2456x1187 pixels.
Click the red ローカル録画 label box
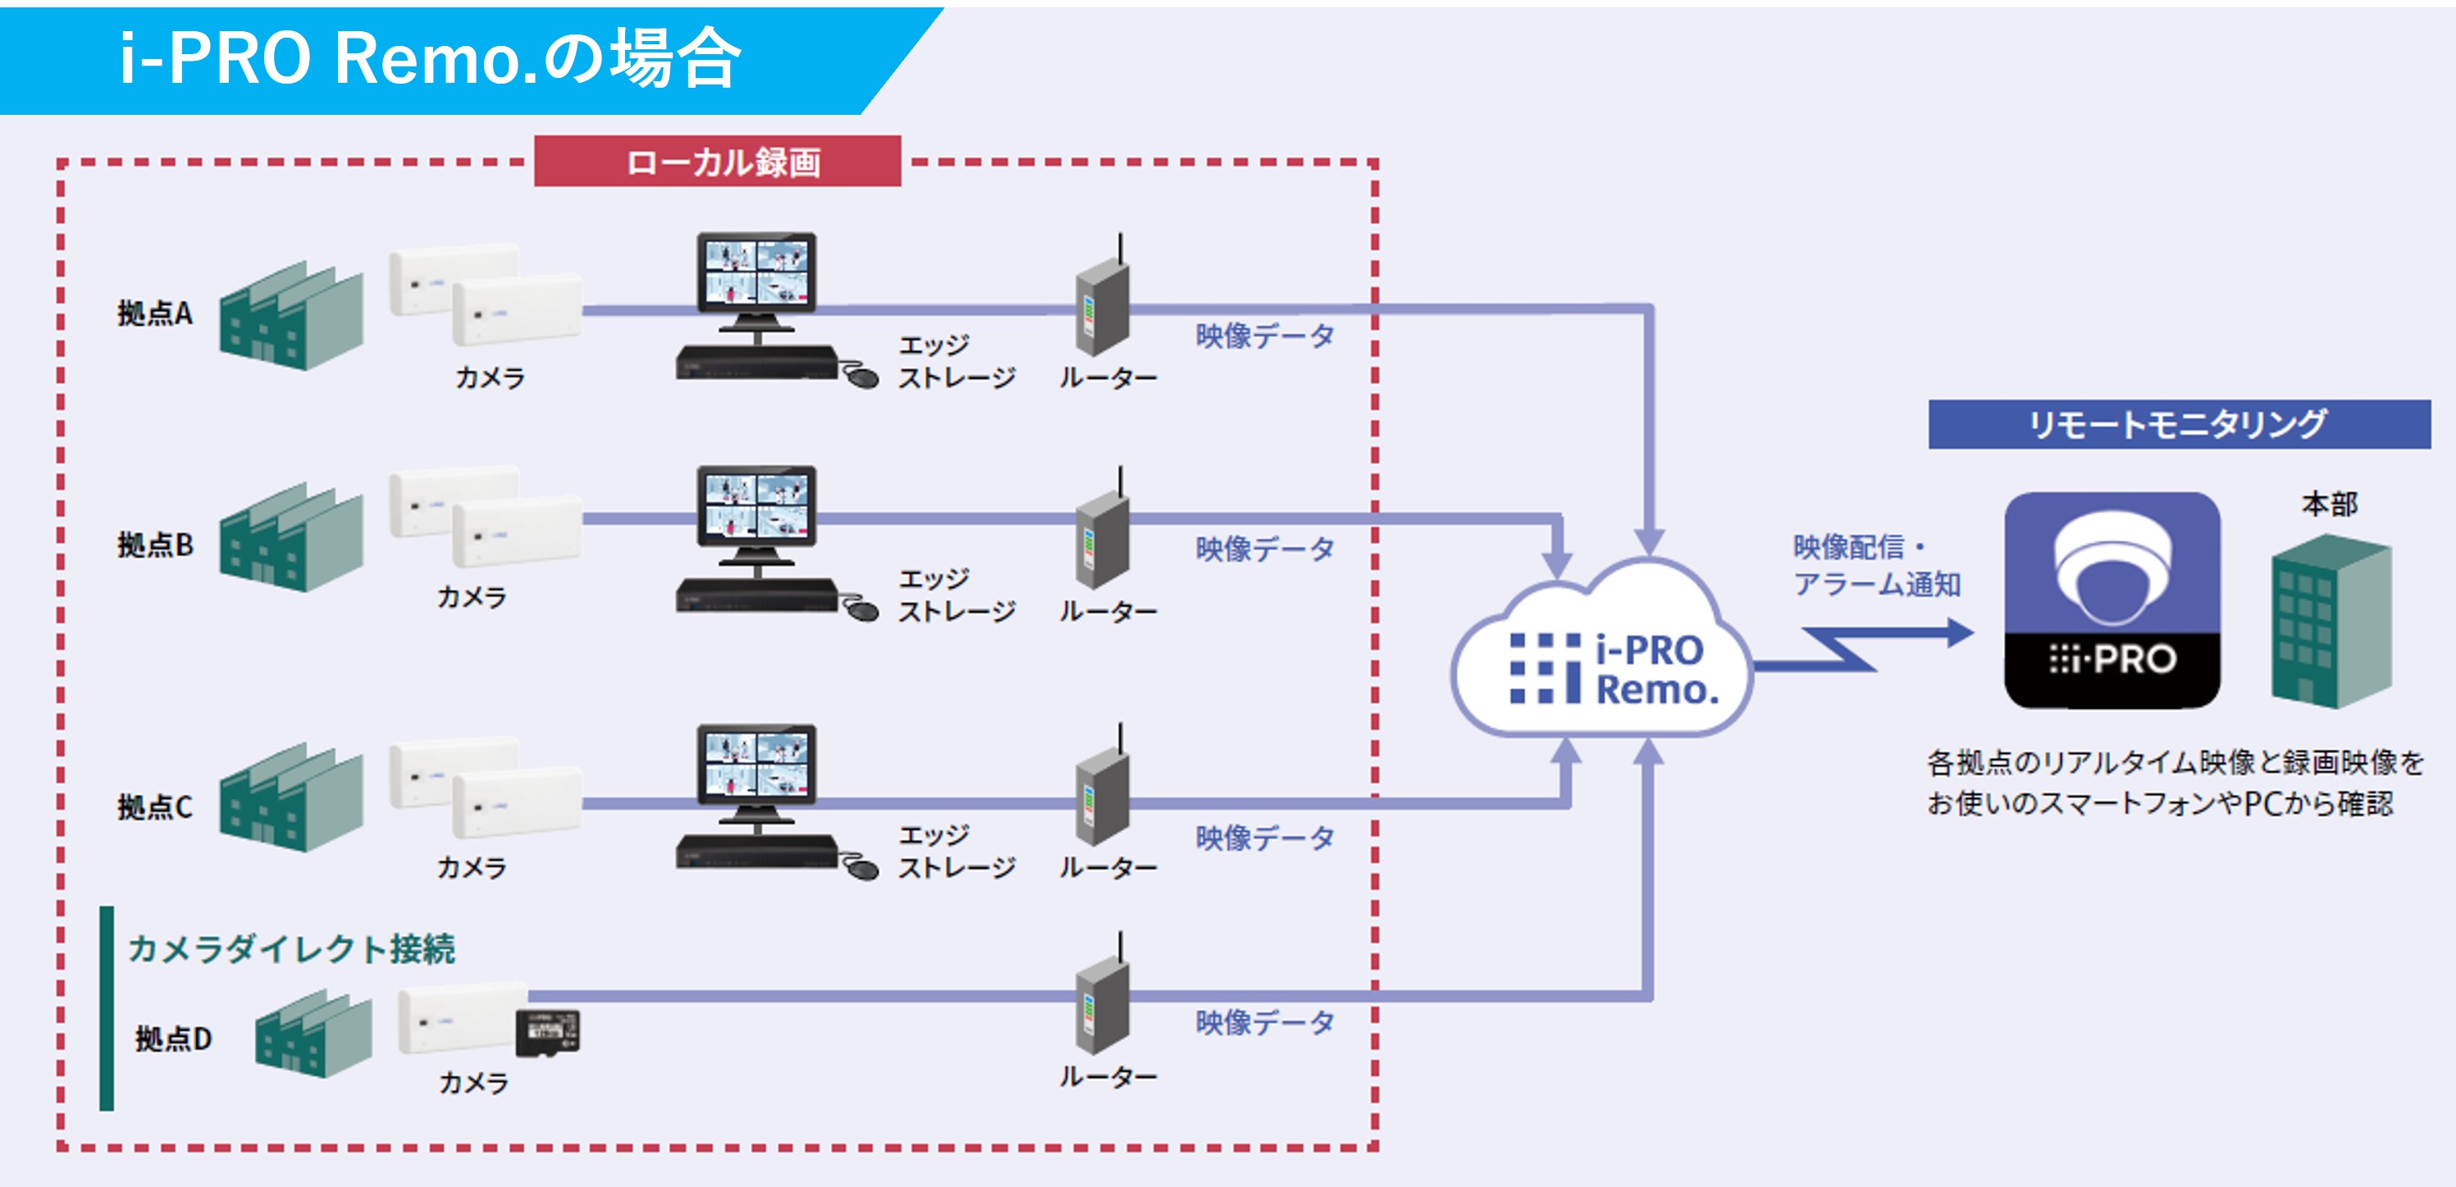click(x=717, y=161)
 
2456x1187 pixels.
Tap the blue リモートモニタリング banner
click(x=2179, y=424)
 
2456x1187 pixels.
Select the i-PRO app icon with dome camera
click(x=2111, y=600)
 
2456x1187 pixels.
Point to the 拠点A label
click(x=154, y=313)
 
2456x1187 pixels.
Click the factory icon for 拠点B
click(x=290, y=539)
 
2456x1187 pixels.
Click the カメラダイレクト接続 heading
click(x=290, y=948)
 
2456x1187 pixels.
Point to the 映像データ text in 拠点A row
click(x=1264, y=336)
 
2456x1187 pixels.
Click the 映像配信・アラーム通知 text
click(x=1875, y=565)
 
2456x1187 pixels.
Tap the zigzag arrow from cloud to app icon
click(x=1859, y=648)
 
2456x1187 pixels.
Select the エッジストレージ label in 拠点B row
click(x=956, y=595)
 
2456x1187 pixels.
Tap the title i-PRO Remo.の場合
click(x=429, y=59)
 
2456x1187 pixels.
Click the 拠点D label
click(x=172, y=1039)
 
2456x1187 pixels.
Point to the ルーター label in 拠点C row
click(x=1108, y=868)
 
